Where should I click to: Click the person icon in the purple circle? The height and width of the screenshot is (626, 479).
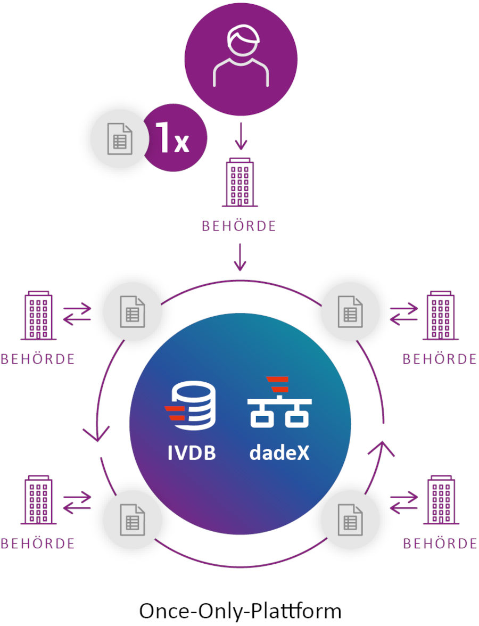click(x=241, y=57)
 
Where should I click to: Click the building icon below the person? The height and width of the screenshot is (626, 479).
click(x=240, y=182)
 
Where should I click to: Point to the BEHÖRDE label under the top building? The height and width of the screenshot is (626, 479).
click(x=240, y=226)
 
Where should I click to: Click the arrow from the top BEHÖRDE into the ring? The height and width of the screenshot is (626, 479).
click(x=240, y=257)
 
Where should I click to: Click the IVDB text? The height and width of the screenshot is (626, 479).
click(x=192, y=454)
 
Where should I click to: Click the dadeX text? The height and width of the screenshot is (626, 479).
click(x=279, y=454)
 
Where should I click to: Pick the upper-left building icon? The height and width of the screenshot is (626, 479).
click(x=38, y=316)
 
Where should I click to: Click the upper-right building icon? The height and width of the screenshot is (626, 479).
click(x=440, y=316)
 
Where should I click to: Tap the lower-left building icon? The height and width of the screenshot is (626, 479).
click(x=38, y=501)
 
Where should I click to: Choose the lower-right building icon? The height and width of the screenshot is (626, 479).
click(x=441, y=501)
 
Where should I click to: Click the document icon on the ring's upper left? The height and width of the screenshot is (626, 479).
click(x=131, y=311)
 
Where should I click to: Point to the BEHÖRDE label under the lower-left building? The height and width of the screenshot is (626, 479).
click(x=38, y=543)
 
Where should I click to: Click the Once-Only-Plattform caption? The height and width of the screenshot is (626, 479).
click(x=240, y=610)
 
